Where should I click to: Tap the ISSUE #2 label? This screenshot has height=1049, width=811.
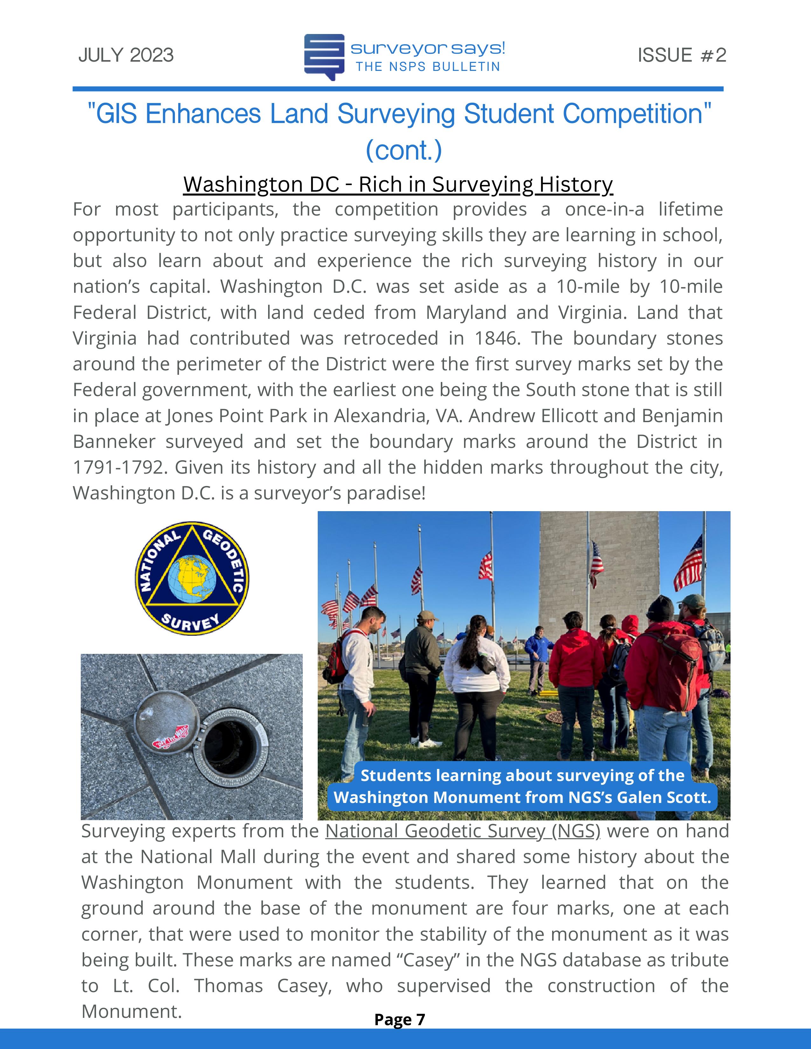681,55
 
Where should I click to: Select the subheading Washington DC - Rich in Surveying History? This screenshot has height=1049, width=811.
398,184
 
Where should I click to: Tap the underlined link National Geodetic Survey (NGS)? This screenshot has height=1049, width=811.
463,831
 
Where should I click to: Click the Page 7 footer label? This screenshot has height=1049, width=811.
400,1019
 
